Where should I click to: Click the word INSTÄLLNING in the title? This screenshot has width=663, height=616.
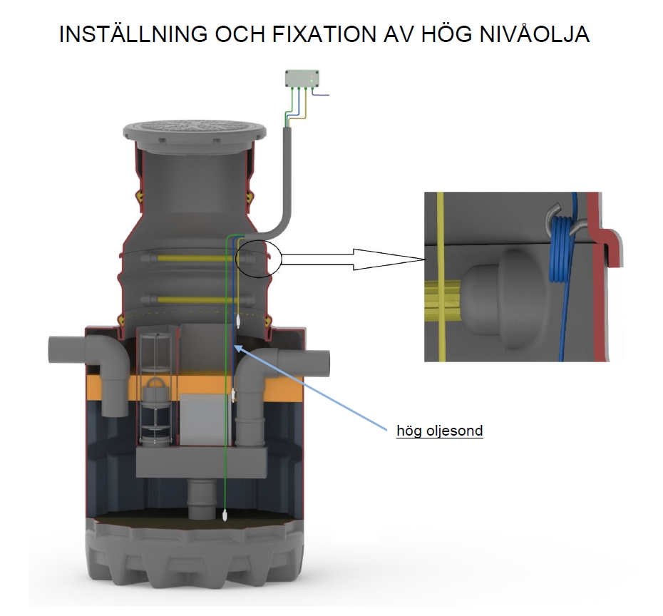click(133, 34)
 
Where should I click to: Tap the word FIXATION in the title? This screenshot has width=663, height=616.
click(324, 34)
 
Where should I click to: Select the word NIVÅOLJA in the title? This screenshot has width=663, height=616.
click(535, 33)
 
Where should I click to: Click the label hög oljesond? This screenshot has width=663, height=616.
click(440, 431)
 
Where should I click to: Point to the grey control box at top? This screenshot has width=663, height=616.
click(302, 78)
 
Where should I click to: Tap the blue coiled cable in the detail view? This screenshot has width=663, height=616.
click(560, 250)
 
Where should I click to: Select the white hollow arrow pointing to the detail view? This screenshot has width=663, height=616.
click(353, 260)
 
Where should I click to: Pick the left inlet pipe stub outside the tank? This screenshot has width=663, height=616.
click(67, 349)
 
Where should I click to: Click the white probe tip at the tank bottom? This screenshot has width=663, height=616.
click(225, 515)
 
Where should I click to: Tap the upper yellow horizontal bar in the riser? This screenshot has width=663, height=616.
click(192, 258)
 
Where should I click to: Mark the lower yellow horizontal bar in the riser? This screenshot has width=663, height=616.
click(192, 299)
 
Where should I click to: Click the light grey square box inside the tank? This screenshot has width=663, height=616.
click(202, 419)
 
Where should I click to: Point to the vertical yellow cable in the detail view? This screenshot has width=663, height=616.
click(441, 277)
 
